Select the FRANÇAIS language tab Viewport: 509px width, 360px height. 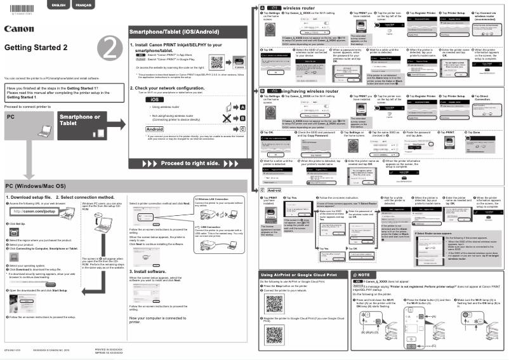83,5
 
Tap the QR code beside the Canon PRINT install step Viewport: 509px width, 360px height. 216,63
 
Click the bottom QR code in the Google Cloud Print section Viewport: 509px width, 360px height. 274,332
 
